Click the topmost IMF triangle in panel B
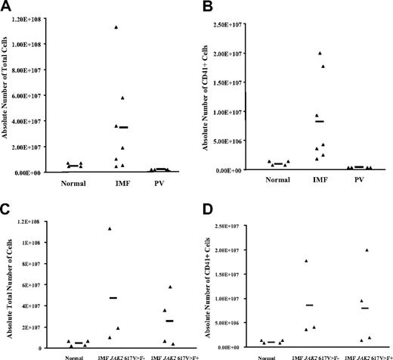[x=320, y=53]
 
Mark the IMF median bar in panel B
[x=320, y=121]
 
